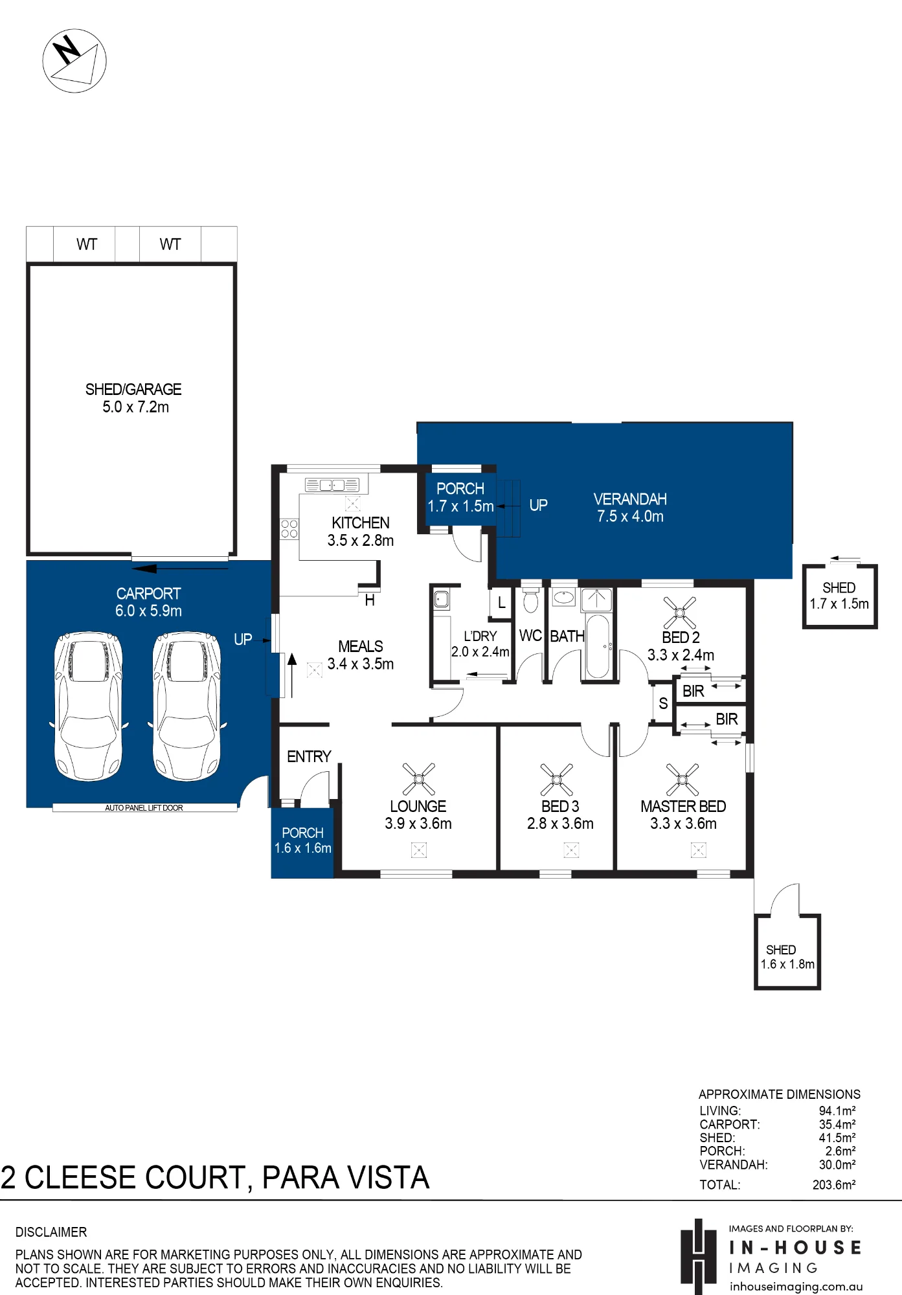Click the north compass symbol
(74, 60)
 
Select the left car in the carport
(88, 706)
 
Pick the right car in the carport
(186, 706)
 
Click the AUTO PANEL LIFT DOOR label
(144, 807)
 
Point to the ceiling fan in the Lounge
(419, 778)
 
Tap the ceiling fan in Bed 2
(680, 613)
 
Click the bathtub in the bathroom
(597, 646)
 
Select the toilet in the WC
(530, 599)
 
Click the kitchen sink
(332, 484)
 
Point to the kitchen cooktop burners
(289, 528)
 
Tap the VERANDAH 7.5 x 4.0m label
(630, 508)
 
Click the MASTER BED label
(683, 806)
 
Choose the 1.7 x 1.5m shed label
(839, 603)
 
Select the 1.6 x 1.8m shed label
(787, 964)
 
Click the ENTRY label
(309, 756)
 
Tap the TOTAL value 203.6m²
(834, 1185)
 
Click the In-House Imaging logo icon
(698, 1256)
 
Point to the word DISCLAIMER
(51, 1232)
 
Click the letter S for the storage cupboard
(663, 703)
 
